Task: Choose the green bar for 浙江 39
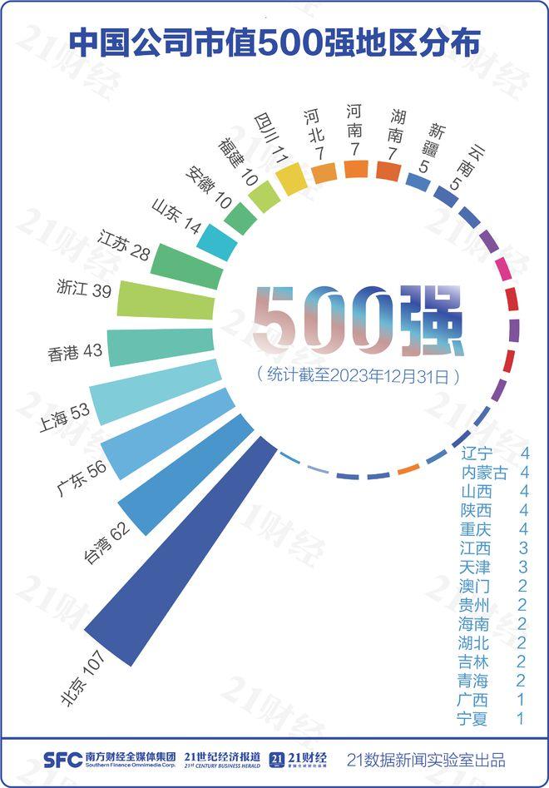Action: click(x=166, y=300)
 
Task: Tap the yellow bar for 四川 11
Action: click(x=291, y=177)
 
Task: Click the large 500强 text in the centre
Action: click(x=357, y=319)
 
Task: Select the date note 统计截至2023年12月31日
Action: click(x=358, y=375)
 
